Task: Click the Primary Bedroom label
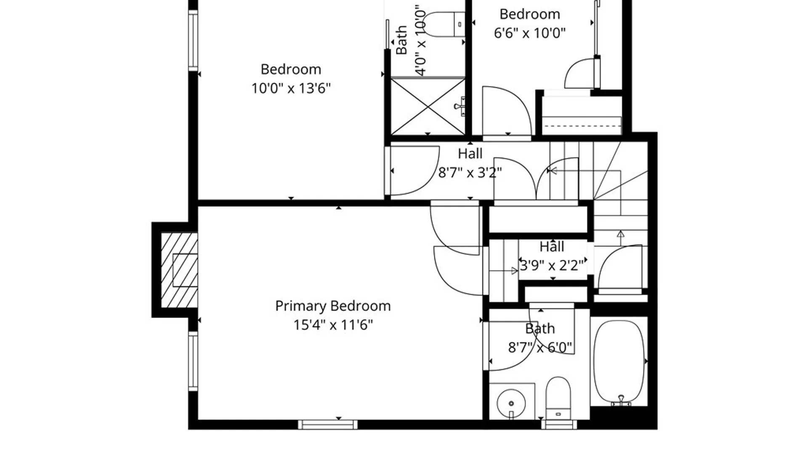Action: click(x=333, y=306)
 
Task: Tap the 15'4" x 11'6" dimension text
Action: click(x=333, y=325)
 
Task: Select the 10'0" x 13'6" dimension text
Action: click(x=291, y=88)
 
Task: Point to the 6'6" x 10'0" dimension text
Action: click(x=529, y=33)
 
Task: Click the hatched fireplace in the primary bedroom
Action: click(x=179, y=270)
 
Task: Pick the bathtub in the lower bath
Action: click(x=619, y=361)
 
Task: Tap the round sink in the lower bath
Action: click(x=511, y=403)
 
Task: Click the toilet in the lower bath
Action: click(x=558, y=398)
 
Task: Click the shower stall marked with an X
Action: click(x=428, y=107)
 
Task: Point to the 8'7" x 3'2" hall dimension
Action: click(x=470, y=172)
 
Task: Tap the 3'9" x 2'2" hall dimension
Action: click(x=552, y=265)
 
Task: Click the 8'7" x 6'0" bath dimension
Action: click(x=540, y=348)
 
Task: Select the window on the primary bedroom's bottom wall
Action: click(x=328, y=425)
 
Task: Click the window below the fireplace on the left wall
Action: click(x=193, y=361)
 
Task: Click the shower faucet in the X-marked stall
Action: click(x=460, y=106)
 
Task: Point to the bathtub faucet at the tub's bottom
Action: click(x=621, y=401)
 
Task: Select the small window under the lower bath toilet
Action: click(x=559, y=425)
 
